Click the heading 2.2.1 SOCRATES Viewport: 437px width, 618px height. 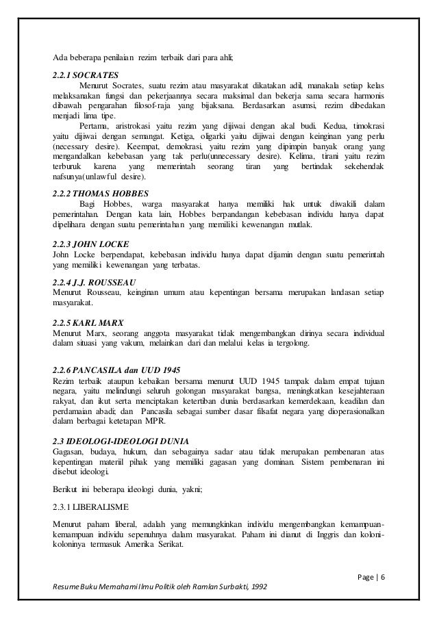tap(86, 73)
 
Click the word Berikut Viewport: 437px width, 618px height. tap(66, 489)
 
